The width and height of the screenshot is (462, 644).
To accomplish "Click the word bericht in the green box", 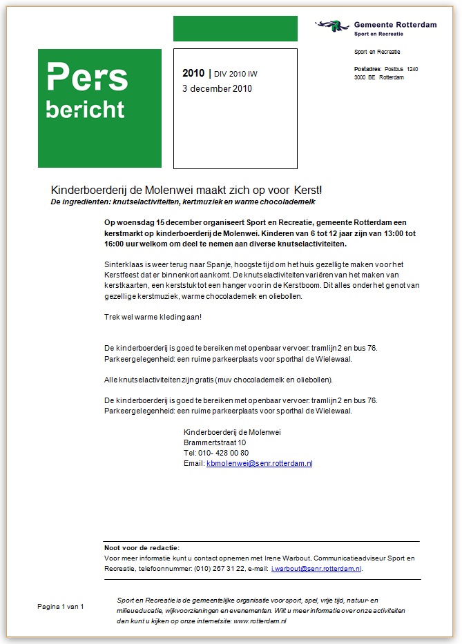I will pyautogui.click(x=85, y=109).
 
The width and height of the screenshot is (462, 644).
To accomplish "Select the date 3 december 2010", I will pyautogui.click(x=217, y=88).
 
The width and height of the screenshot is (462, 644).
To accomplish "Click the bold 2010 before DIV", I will pyautogui.click(x=193, y=73).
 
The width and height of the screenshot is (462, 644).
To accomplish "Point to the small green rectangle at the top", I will pyautogui.click(x=235, y=28).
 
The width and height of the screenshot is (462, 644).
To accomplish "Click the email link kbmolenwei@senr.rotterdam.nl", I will pyautogui.click(x=259, y=463).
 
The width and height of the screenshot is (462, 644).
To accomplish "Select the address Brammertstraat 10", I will pyautogui.click(x=215, y=442).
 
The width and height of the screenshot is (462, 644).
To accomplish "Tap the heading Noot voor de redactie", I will pyautogui.click(x=142, y=547).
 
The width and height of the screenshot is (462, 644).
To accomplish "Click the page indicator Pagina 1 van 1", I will pyautogui.click(x=61, y=606).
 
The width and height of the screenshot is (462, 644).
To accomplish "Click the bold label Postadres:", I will pyautogui.click(x=368, y=69).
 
